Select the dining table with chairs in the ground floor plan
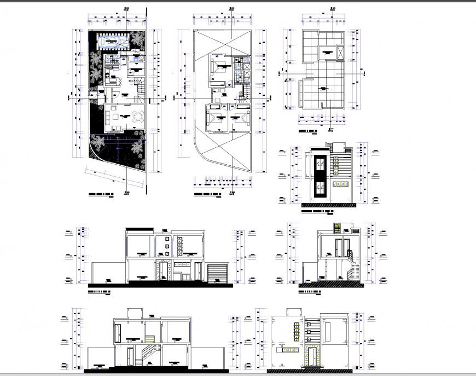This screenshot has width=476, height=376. tap(137, 117)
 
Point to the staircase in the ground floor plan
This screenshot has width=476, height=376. tap(140, 85)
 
